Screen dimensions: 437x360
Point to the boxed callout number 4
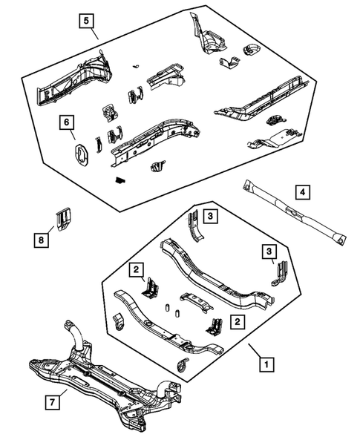tap(303, 193)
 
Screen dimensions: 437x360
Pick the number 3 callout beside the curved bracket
tap(210, 216)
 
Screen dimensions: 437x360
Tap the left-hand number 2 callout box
tap(136, 269)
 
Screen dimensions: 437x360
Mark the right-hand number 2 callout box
tap(236, 321)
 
